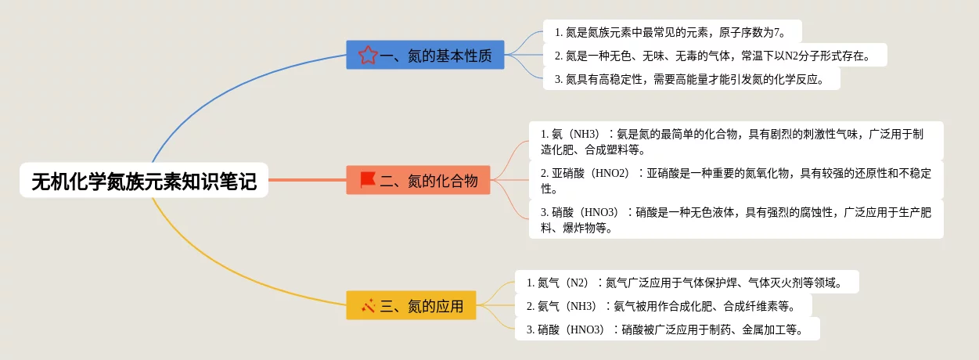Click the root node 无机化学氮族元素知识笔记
point(144,182)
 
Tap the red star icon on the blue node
point(368,55)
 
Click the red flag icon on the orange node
point(368,180)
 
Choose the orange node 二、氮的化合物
point(418,181)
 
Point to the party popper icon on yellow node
point(369,305)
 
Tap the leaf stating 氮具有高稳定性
point(691,78)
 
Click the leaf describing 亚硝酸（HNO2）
point(736,180)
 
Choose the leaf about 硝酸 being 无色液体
point(736,219)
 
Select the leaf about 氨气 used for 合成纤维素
point(664,305)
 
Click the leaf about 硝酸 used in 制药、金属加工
point(667,329)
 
